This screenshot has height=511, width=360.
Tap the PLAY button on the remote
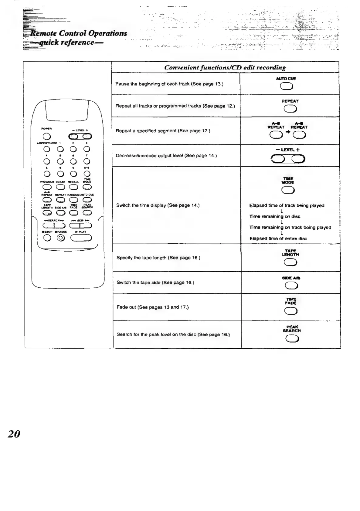pos(81,238)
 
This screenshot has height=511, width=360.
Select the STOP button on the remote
pos(47,238)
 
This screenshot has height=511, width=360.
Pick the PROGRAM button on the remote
pos(47,187)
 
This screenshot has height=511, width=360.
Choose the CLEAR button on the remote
pos(60,187)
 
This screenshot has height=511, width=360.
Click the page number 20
pos(14,434)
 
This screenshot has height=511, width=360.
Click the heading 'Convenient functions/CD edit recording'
pos(225,67)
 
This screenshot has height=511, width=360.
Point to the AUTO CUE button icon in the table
pos(286,87)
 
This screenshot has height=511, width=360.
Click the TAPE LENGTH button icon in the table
pos(290,262)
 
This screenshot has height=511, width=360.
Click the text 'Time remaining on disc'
pos(275,216)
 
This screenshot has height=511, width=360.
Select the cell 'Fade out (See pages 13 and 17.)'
pos(153,307)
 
